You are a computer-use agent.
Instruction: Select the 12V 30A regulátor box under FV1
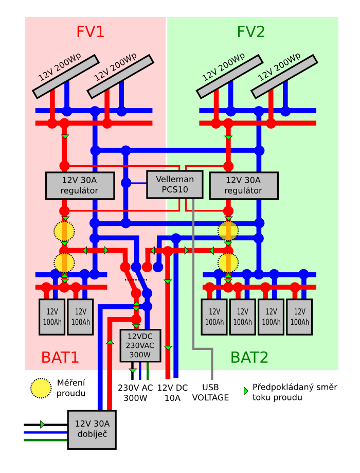(80, 185)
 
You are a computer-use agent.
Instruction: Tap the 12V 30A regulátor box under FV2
(244, 185)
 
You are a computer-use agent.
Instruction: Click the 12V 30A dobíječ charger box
(92, 429)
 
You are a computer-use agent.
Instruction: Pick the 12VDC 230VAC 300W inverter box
(140, 345)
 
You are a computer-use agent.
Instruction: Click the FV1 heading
(91, 32)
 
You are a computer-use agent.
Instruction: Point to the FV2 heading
(251, 32)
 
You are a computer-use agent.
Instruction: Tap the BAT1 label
(60, 357)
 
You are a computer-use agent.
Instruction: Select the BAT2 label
(249, 357)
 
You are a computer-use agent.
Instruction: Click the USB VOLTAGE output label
(210, 393)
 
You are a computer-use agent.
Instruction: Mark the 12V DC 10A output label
(172, 393)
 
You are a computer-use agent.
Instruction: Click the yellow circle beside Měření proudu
(41, 388)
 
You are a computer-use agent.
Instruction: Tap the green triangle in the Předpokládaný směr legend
(246, 391)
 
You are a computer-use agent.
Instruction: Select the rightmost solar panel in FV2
(284, 76)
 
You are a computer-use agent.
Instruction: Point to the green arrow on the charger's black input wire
(42, 425)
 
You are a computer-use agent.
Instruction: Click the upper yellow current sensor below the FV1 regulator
(64, 231)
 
